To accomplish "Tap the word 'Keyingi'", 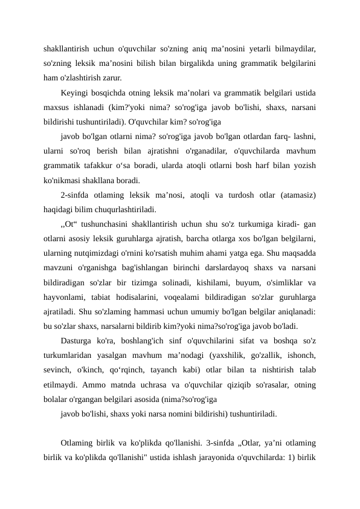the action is (x=75, y=94).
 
